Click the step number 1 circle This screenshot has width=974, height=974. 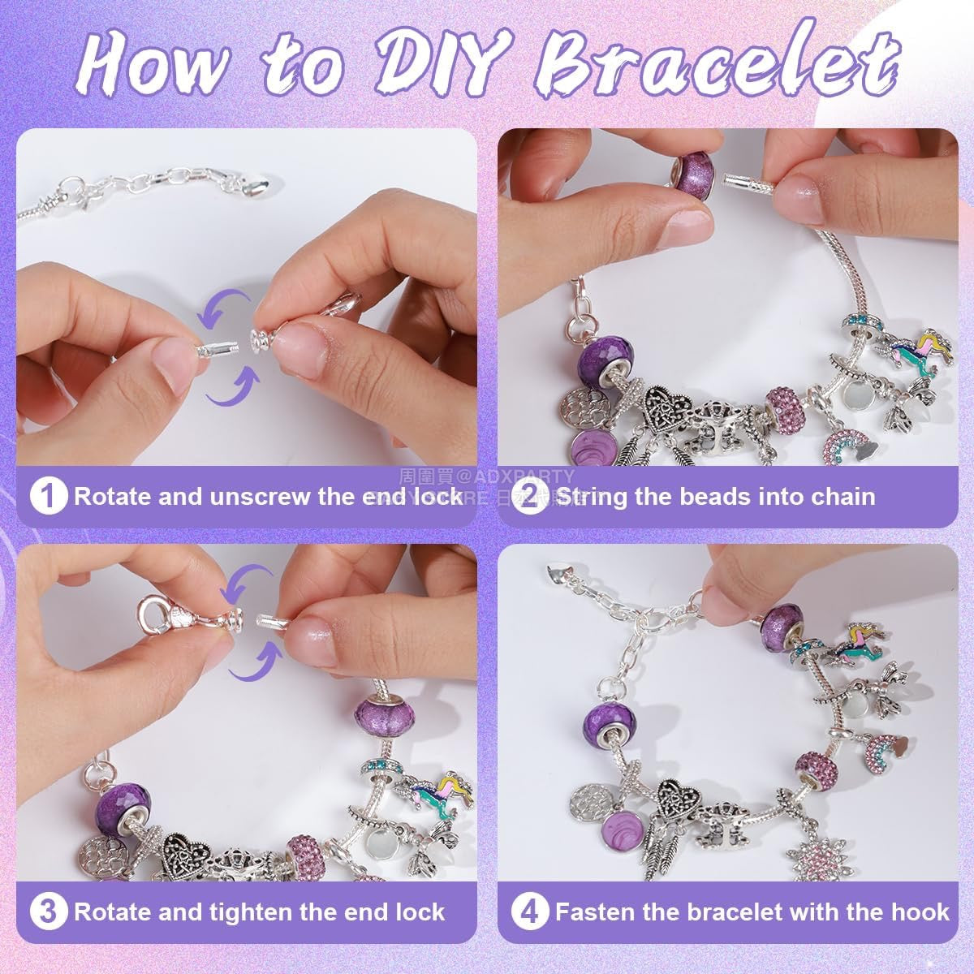(x=48, y=497)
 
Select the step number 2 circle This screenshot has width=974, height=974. (x=531, y=497)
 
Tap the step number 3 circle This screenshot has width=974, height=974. (x=48, y=912)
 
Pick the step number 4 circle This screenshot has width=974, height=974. (x=531, y=912)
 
